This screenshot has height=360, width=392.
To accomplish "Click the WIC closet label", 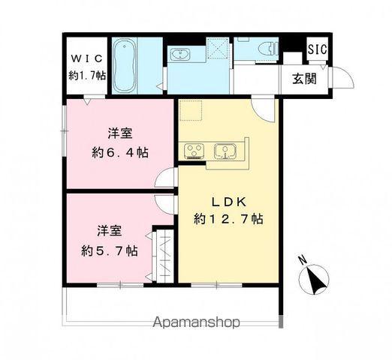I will [x=86, y=58].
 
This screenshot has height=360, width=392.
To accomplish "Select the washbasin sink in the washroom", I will [x=180, y=56].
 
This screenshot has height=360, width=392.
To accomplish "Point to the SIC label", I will [x=315, y=49].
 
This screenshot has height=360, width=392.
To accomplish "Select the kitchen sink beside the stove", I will [x=226, y=151].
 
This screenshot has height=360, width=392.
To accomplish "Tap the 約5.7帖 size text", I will [x=109, y=250].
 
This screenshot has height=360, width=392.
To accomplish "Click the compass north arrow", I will [x=316, y=279].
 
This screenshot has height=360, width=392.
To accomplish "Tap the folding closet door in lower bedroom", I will [x=163, y=254].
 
